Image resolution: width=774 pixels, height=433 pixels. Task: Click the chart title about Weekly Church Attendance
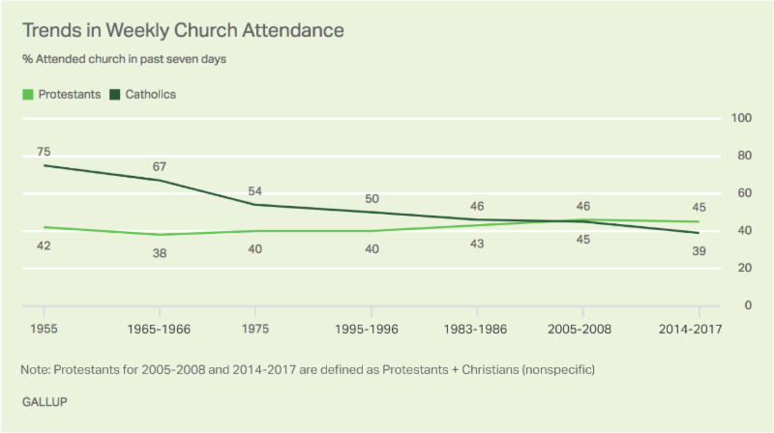point(184,30)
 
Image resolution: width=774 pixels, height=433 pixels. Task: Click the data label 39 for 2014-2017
point(699,251)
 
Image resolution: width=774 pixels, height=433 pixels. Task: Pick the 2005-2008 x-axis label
point(582,329)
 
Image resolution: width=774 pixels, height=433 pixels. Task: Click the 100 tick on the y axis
point(741,118)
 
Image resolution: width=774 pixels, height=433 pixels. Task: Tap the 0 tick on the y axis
point(747,305)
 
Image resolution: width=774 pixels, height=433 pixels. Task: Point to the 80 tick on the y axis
point(744,156)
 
